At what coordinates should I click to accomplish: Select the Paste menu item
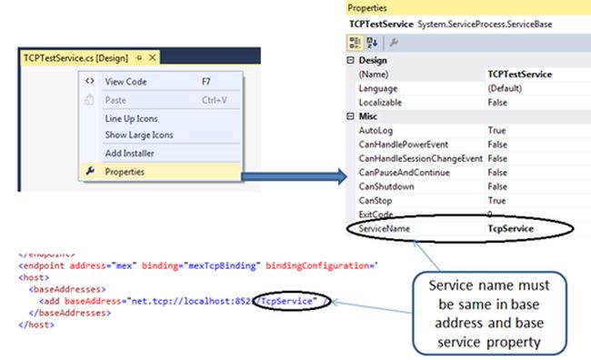point(115,99)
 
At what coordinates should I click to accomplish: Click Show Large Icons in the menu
point(139,135)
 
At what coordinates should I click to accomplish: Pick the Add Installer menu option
point(128,154)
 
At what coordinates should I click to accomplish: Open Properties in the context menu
point(124,171)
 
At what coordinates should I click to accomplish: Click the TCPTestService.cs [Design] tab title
point(75,57)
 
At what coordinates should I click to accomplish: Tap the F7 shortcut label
point(206,81)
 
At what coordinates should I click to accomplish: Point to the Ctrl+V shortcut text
point(214,99)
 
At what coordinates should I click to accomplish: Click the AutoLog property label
point(377,131)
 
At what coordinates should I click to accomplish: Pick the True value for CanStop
point(497,200)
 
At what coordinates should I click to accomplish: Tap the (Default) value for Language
point(505,88)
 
